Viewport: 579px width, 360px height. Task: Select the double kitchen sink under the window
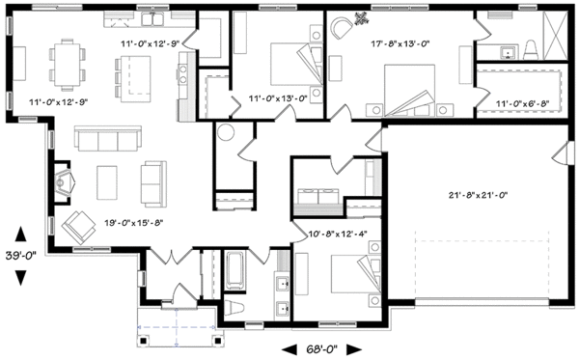(154, 18)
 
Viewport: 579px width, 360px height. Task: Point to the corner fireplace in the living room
(65, 180)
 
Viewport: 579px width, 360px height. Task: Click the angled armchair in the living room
(75, 226)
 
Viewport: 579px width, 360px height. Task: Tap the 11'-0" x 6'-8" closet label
(522, 102)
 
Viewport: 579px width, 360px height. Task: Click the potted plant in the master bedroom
(361, 16)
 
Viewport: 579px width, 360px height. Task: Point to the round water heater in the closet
(227, 134)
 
